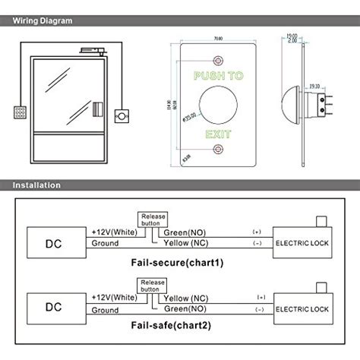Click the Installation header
point(38,185)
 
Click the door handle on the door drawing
point(96,108)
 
